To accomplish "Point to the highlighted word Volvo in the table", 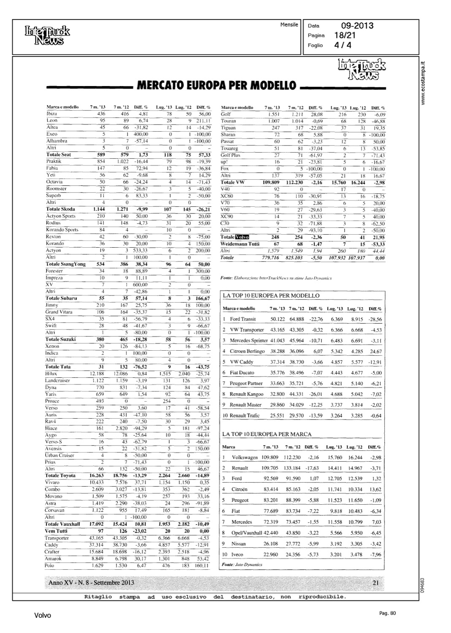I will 242,237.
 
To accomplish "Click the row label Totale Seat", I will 59,154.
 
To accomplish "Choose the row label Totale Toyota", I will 60,476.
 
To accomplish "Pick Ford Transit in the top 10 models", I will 243,319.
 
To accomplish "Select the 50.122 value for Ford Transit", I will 278,319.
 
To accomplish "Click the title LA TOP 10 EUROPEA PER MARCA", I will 267,434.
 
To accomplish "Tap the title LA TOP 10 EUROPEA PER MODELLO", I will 270,296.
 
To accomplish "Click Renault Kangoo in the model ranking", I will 246,394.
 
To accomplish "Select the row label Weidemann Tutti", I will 240,244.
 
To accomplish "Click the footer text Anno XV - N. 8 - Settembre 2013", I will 92,583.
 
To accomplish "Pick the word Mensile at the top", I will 289,25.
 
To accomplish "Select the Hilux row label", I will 51,373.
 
